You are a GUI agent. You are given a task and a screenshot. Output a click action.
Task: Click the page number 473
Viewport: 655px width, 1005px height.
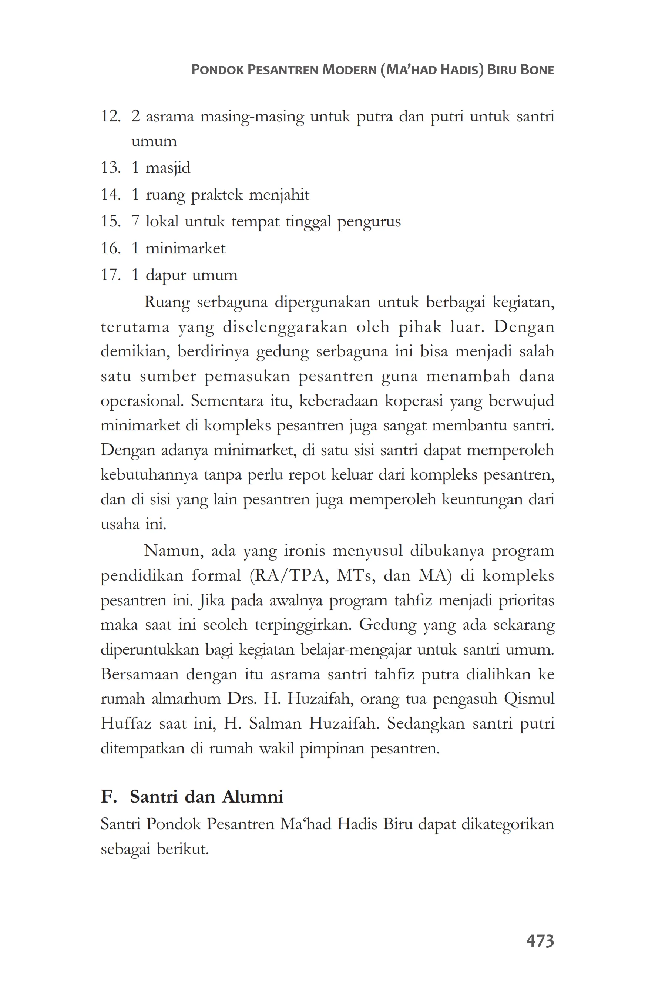tap(540, 941)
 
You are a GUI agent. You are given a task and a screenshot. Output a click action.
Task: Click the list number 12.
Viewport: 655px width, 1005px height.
tap(110, 116)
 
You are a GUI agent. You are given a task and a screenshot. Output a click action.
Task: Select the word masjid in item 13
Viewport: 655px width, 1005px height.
tap(168, 168)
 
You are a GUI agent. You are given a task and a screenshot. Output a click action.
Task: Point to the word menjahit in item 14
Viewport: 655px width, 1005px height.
tap(279, 195)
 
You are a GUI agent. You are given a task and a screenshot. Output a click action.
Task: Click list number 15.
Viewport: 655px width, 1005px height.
tap(110, 221)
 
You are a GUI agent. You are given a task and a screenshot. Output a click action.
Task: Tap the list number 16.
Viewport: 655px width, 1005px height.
tap(110, 248)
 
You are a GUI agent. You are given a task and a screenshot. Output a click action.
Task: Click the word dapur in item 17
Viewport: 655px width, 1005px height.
tap(166, 276)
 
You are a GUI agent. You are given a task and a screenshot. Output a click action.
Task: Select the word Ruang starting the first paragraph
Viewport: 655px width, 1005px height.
tap(167, 303)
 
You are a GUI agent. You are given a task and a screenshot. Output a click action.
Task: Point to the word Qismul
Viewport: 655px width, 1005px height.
tap(529, 699)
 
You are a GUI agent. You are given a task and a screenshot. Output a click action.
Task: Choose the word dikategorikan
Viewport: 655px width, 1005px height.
tap(508, 824)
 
